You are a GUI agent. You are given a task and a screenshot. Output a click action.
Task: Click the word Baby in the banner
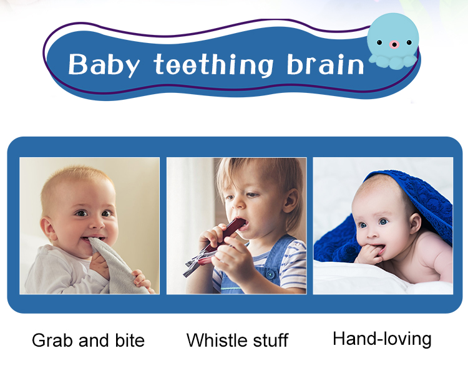tap(104, 65)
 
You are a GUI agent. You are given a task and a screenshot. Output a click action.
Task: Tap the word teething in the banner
tap(213, 64)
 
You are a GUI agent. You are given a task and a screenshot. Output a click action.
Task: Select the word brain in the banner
tap(325, 64)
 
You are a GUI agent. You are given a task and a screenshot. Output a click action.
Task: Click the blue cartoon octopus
tap(392, 41)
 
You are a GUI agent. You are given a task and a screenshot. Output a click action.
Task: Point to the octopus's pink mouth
tap(394, 45)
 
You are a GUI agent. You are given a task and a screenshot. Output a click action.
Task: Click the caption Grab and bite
tap(88, 340)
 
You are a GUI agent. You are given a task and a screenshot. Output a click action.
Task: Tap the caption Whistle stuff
tap(237, 340)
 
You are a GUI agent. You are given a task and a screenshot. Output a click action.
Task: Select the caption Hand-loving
tap(382, 339)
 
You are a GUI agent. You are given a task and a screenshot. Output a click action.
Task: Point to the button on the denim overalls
tap(270, 274)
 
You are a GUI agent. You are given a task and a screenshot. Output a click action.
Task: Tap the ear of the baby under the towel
tap(415, 223)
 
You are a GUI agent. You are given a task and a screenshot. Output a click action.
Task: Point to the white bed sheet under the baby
tap(373, 277)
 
